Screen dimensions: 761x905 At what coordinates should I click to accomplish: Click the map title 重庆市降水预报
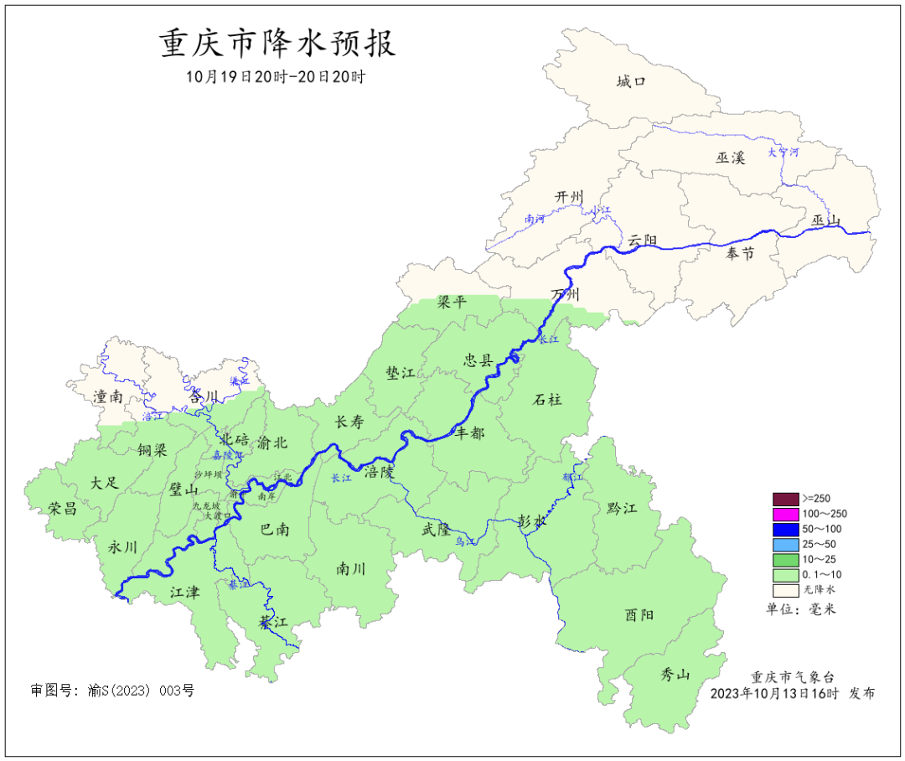pyautogui.click(x=277, y=44)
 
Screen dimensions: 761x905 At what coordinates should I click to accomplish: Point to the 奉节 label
pyautogui.click(x=740, y=254)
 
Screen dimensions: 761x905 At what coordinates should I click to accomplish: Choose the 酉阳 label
pyautogui.click(x=639, y=614)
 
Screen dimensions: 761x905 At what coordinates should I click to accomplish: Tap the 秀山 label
pyautogui.click(x=675, y=674)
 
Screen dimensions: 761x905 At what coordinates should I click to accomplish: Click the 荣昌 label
pyautogui.click(x=63, y=508)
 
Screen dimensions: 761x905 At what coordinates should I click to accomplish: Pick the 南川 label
pyautogui.click(x=350, y=569)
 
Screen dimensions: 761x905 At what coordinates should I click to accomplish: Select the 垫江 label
pyautogui.click(x=401, y=373)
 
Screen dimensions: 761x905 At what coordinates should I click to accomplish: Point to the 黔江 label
pyautogui.click(x=621, y=508)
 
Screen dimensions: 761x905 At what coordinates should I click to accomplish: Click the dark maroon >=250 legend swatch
pyautogui.click(x=785, y=499)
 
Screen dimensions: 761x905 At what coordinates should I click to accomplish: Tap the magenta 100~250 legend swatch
pyautogui.click(x=785, y=514)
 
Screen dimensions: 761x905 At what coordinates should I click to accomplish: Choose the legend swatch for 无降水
pyautogui.click(x=785, y=590)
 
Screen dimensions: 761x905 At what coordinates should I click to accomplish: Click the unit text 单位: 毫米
pyautogui.click(x=801, y=609)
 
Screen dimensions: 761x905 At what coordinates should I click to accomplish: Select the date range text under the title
pyautogui.click(x=276, y=77)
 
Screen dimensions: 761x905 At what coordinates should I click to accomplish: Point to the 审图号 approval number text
pyautogui.click(x=112, y=691)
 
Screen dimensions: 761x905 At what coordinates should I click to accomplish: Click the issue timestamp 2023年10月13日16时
pyautogui.click(x=774, y=694)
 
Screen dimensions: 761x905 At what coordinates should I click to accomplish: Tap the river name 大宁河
pyautogui.click(x=784, y=153)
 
